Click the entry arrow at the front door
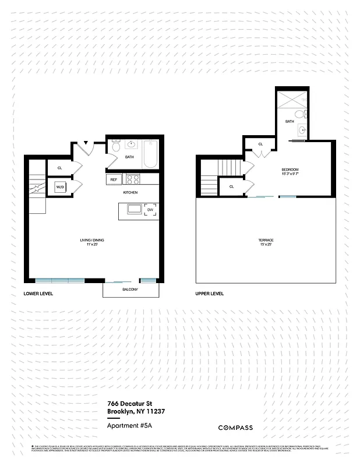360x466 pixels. (x=86, y=142)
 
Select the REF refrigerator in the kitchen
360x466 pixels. (x=114, y=180)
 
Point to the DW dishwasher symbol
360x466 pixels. (x=150, y=210)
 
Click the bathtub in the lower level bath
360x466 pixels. (x=149, y=154)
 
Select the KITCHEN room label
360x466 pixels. (x=129, y=192)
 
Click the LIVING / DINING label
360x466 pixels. (x=92, y=240)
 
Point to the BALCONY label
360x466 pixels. (x=130, y=289)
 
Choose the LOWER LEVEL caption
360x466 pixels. (x=38, y=294)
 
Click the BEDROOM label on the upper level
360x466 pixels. (x=290, y=170)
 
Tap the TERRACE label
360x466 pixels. (x=266, y=240)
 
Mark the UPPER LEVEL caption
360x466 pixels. (x=210, y=294)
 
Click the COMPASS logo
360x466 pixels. (x=235, y=428)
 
